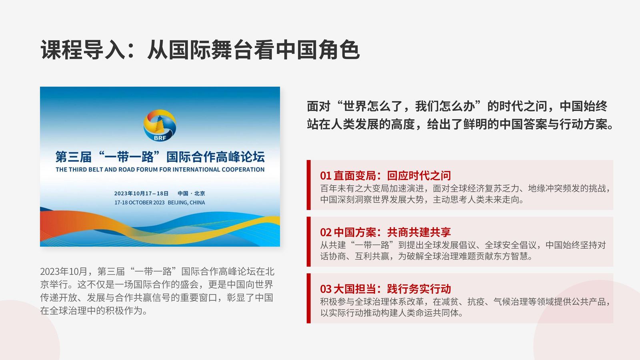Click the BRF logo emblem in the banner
tap(160, 126)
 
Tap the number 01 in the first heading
tap(326, 176)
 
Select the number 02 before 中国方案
tap(326, 232)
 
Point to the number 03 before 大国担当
tap(326, 289)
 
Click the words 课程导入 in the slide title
tap(83, 50)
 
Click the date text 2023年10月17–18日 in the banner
tap(142, 194)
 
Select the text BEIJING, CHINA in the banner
tap(186, 202)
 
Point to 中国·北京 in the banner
tap(191, 194)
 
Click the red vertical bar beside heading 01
tap(308, 185)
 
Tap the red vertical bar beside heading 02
tap(308, 242)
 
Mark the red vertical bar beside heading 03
tap(308, 298)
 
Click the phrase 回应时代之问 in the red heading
tap(419, 176)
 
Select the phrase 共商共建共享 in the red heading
tap(419, 232)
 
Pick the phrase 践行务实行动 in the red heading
tap(419, 289)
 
